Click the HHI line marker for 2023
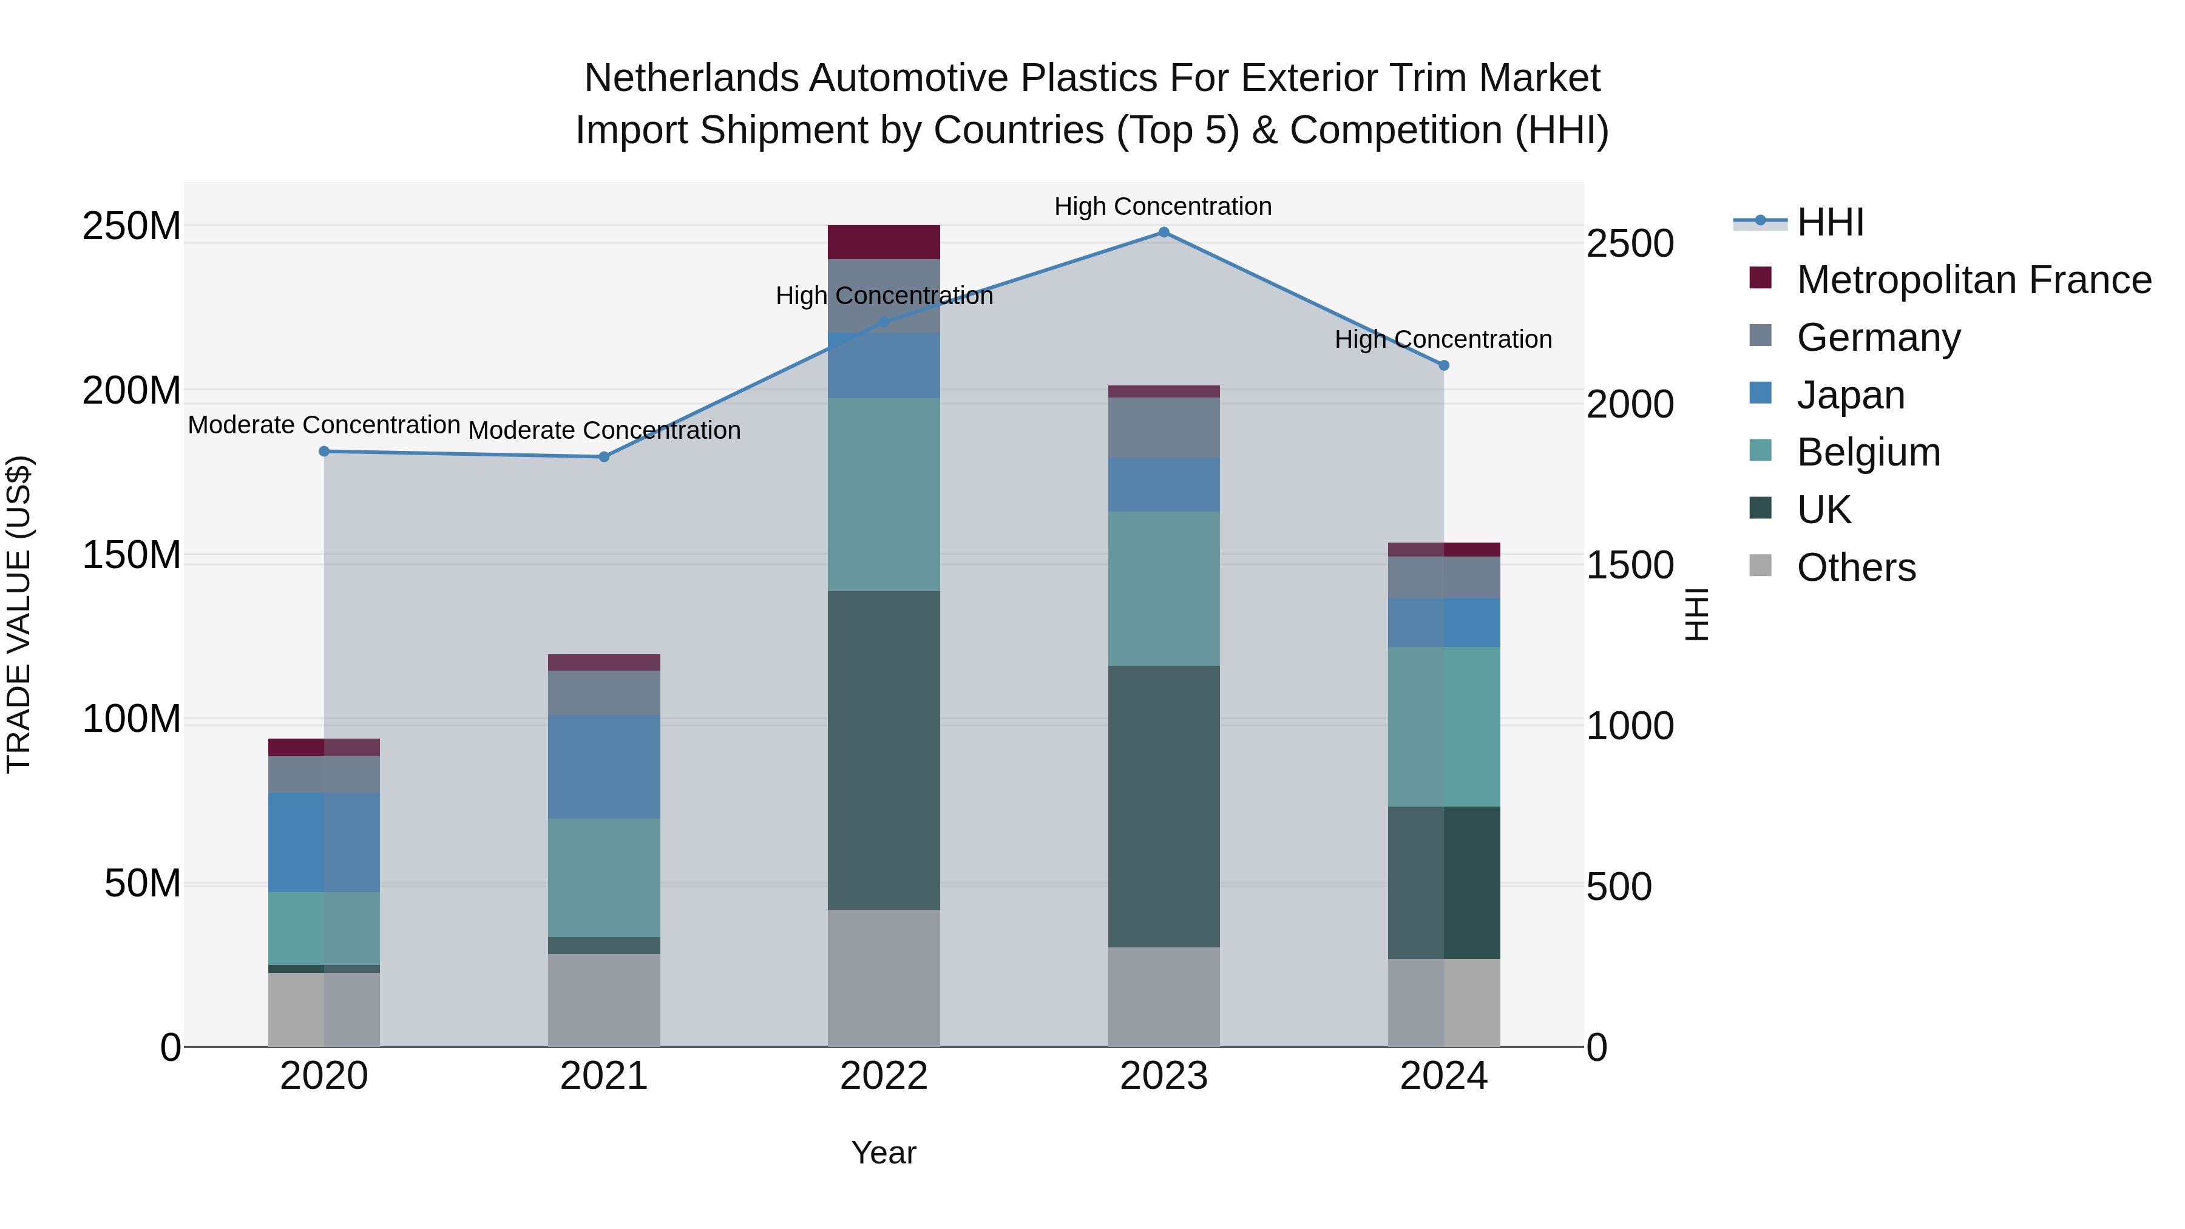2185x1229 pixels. click(x=1164, y=232)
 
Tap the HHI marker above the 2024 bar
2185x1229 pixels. click(x=1444, y=365)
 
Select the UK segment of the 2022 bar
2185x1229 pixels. click(x=884, y=751)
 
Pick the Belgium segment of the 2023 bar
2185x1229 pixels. click(x=1164, y=589)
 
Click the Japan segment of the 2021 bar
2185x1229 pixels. click(x=604, y=767)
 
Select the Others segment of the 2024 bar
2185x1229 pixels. click(x=1444, y=1003)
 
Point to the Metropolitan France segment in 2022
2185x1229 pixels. click(x=884, y=243)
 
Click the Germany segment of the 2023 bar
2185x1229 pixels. click(x=1164, y=428)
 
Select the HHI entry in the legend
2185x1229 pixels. click(x=1829, y=222)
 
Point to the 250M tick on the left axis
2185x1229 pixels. click(x=132, y=226)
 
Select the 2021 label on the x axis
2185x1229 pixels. click(x=604, y=1076)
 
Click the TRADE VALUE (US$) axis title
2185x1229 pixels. click(x=19, y=614)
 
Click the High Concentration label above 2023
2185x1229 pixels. click(x=1163, y=207)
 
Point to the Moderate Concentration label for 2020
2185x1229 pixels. click(x=324, y=425)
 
